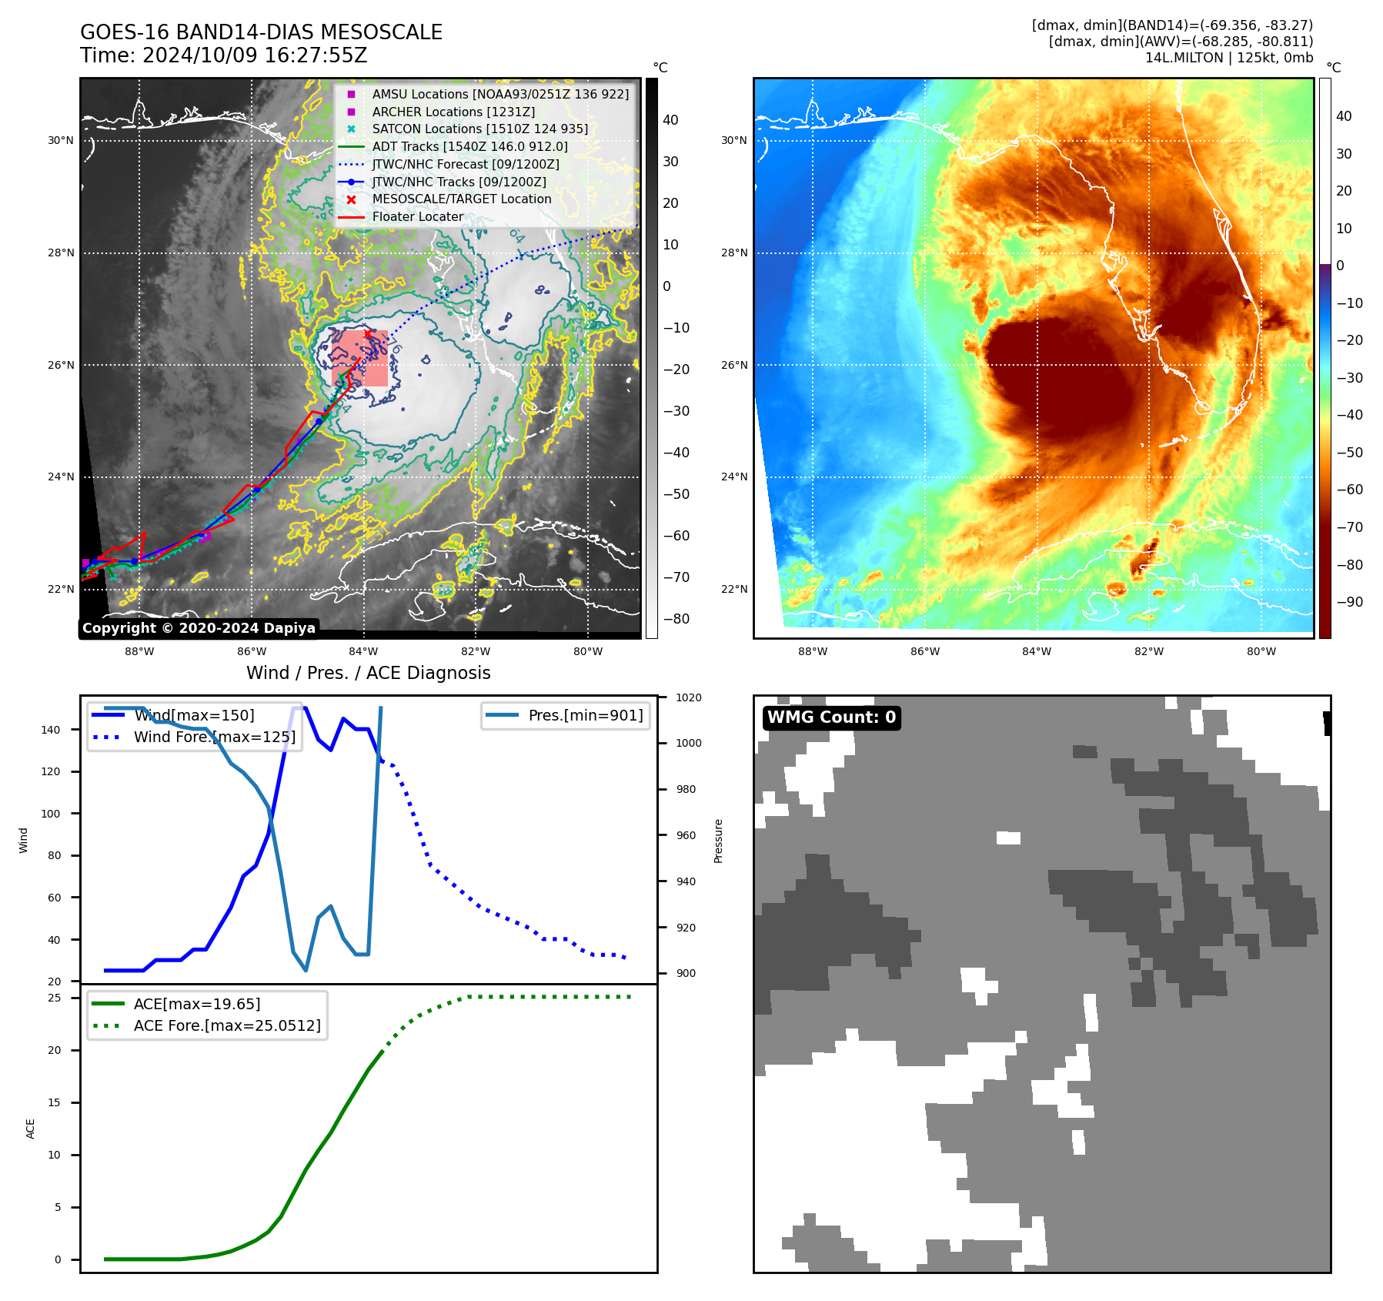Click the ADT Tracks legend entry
point(469,146)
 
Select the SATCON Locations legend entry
point(479,129)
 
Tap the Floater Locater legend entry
point(417,217)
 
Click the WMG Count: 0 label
point(831,717)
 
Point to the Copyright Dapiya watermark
point(199,628)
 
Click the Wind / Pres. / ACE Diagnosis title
point(368,673)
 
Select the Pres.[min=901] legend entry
point(585,715)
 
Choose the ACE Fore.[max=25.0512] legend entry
point(226,1025)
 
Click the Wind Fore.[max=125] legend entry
point(214,737)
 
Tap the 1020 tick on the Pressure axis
point(688,697)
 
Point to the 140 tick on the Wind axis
point(51,730)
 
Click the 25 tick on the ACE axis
point(55,998)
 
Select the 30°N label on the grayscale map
point(61,141)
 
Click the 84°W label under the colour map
point(1037,651)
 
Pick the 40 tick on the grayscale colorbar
point(670,120)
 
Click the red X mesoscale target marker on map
point(368,333)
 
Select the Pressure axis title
point(718,841)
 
